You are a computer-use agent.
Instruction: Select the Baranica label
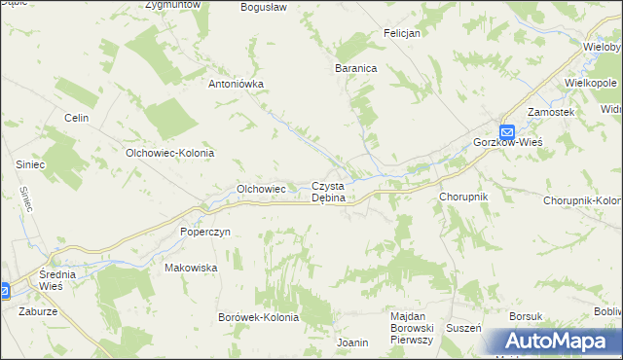(x=355, y=69)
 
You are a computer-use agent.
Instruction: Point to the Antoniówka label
(x=237, y=84)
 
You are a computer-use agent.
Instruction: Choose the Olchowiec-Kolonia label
(x=169, y=153)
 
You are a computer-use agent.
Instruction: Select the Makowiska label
(x=190, y=267)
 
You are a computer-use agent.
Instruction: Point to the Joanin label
(x=351, y=342)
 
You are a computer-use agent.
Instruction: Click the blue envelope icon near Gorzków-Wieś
(x=506, y=130)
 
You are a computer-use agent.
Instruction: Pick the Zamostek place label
(x=551, y=113)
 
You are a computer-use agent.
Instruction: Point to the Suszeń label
(x=463, y=328)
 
